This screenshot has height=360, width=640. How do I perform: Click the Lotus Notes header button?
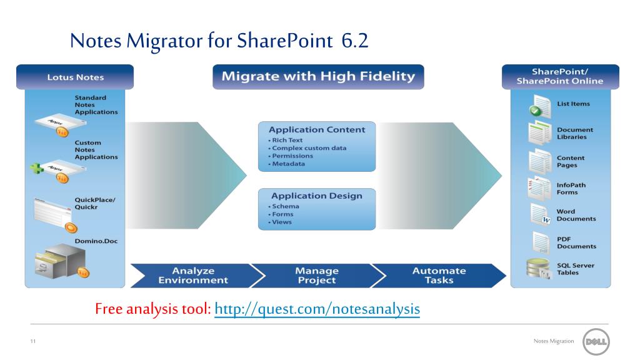[x=76, y=77]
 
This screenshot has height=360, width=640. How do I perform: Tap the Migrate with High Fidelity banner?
[x=318, y=77]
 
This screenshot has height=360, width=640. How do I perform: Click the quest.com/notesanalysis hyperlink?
[x=317, y=309]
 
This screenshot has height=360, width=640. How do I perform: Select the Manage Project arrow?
[x=317, y=276]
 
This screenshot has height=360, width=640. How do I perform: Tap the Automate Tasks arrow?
[x=439, y=276]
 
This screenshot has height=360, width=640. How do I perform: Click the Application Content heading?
[x=317, y=130]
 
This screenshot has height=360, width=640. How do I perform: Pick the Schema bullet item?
[x=285, y=206]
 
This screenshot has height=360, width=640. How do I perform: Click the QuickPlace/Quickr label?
[x=95, y=204]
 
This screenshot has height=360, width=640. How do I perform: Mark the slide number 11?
[x=32, y=341]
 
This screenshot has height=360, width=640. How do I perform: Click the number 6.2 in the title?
[x=355, y=41]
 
